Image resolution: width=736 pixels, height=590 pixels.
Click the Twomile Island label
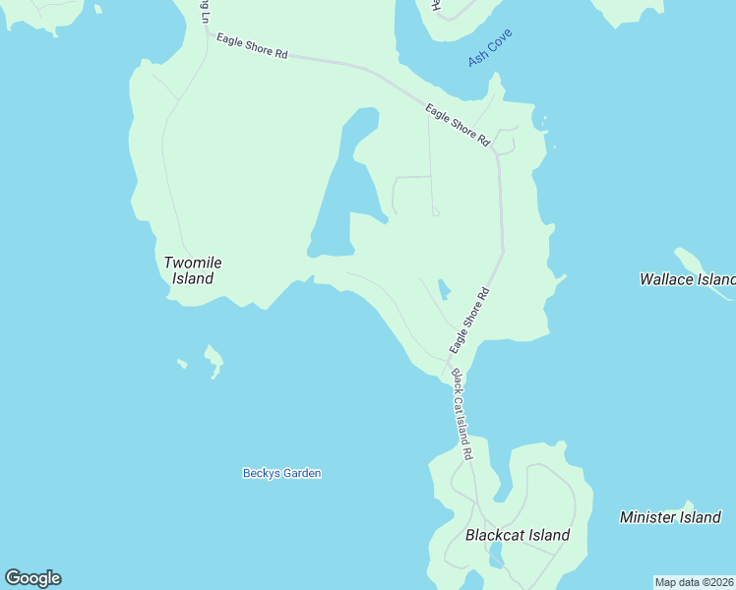[193, 270]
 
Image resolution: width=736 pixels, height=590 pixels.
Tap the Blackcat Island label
[517, 536]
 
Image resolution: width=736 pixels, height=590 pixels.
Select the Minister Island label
[670, 517]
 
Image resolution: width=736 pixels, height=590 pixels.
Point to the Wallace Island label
[687, 279]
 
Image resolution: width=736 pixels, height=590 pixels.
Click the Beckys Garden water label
[281, 473]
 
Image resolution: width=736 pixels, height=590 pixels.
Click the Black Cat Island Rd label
[461, 414]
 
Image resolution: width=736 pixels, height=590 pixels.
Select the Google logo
[32, 578]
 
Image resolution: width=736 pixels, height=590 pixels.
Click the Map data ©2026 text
[694, 582]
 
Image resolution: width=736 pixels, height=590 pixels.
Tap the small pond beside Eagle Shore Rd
[444, 289]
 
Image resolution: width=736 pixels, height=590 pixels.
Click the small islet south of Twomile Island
[214, 361]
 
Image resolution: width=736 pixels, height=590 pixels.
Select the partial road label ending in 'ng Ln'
[204, 12]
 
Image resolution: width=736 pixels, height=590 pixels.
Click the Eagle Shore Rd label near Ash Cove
[457, 125]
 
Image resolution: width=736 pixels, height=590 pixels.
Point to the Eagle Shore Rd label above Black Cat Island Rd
[469, 321]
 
